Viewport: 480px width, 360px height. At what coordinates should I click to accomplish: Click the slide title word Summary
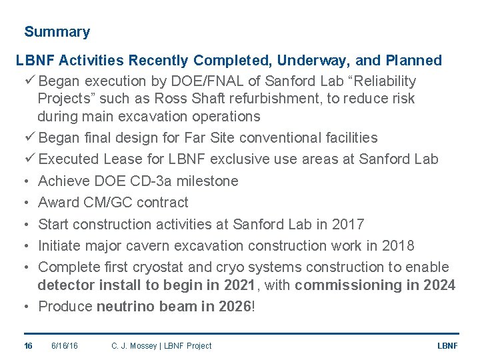pos(57,32)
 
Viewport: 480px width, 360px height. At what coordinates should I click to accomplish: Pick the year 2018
pos(398,245)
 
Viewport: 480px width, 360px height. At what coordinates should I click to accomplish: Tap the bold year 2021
pos(238,285)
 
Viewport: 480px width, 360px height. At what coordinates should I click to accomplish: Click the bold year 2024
pos(439,285)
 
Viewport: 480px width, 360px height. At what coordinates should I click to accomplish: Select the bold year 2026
pos(234,307)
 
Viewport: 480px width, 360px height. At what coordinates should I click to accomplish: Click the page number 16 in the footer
pos(28,345)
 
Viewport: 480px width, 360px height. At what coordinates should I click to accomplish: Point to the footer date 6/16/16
pos(65,345)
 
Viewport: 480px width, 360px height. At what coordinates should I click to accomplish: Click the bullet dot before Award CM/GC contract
pos(24,203)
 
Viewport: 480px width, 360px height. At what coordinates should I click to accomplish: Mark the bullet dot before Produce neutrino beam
pos(24,307)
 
